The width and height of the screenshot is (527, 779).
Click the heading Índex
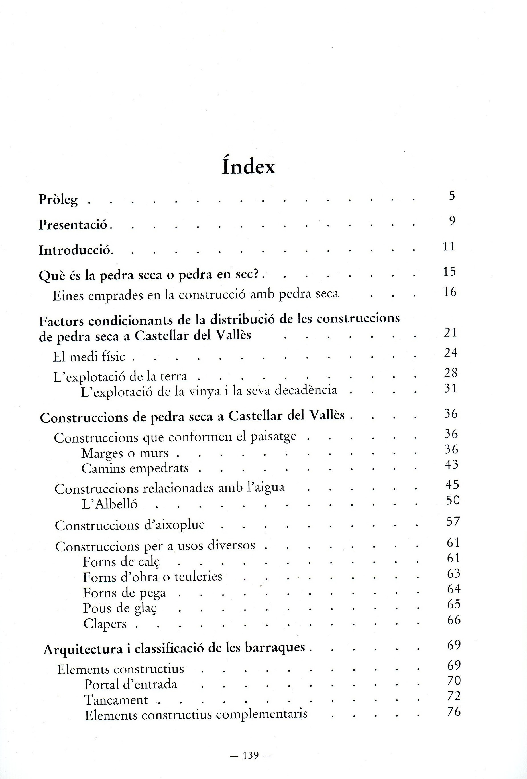click(x=249, y=167)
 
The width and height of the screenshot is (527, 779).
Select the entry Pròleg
click(x=58, y=200)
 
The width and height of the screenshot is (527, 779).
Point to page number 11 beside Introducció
click(x=449, y=246)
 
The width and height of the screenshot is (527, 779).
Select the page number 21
click(x=450, y=332)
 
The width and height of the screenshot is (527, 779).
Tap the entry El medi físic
click(x=89, y=357)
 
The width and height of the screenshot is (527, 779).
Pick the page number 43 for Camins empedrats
click(x=451, y=464)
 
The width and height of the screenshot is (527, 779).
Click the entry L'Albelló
click(x=109, y=504)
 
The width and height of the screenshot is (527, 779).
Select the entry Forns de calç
click(x=121, y=562)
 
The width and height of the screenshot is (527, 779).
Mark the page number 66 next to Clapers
click(x=454, y=620)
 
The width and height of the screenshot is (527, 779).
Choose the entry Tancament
click(x=116, y=700)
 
